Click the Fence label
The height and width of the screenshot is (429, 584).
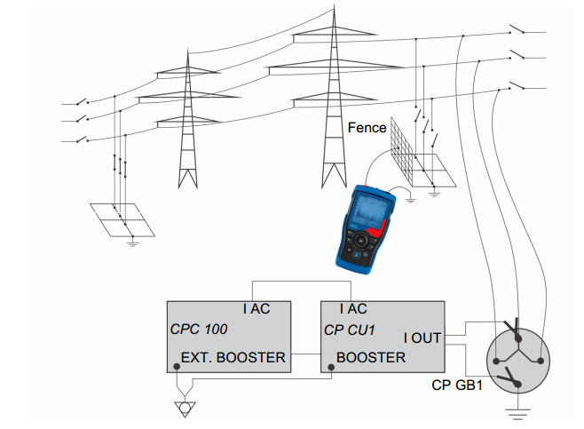pyautogui.click(x=367, y=128)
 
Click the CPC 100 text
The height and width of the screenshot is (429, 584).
pyautogui.click(x=199, y=330)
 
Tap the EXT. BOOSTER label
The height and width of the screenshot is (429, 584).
pyautogui.click(x=233, y=358)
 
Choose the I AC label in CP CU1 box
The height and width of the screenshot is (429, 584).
pyautogui.click(x=353, y=309)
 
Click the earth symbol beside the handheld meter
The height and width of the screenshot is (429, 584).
pyautogui.click(x=410, y=200)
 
